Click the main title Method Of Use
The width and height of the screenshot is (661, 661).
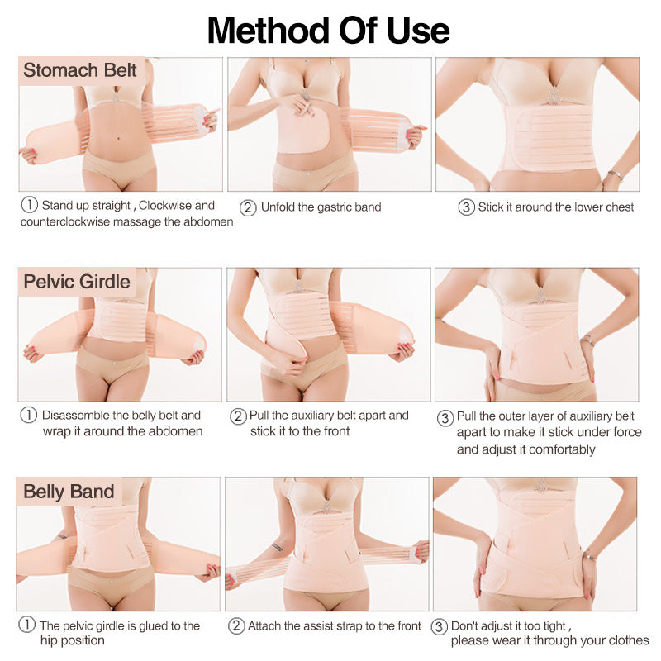click(328, 30)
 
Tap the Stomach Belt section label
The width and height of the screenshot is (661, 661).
click(80, 70)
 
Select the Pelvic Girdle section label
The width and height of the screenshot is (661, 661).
click(77, 282)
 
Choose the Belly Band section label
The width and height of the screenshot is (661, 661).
click(69, 492)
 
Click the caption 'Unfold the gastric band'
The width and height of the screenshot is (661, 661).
click(321, 207)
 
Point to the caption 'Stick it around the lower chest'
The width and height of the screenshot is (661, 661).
click(556, 207)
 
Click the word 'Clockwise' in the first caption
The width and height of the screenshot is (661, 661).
click(162, 205)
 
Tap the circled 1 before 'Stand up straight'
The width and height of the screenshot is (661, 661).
click(30, 205)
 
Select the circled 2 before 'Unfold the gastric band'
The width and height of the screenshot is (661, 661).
click(247, 207)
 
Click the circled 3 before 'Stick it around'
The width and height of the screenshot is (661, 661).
click(466, 207)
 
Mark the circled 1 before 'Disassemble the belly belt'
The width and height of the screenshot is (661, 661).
click(29, 416)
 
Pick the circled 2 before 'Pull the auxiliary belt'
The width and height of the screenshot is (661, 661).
click(238, 416)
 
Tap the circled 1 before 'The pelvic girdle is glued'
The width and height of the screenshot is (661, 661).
click(27, 626)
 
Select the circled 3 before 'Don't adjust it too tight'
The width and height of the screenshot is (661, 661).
click(440, 626)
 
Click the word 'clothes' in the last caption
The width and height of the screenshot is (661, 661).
click(629, 641)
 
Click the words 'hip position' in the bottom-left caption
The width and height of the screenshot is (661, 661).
click(73, 641)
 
